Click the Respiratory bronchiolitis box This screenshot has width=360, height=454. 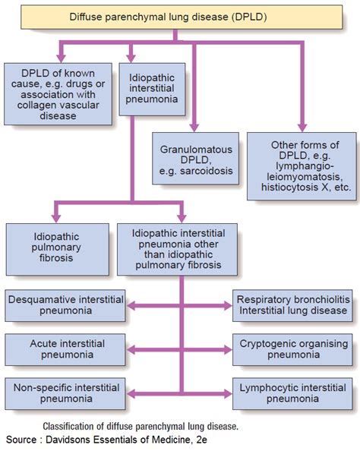pyautogui.click(x=292, y=307)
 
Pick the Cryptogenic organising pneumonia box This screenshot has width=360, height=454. pyautogui.click(x=292, y=348)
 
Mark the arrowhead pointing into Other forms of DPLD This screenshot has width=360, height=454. pyautogui.click(x=303, y=130)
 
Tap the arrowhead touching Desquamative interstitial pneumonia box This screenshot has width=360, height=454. pyautogui.click(x=131, y=307)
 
